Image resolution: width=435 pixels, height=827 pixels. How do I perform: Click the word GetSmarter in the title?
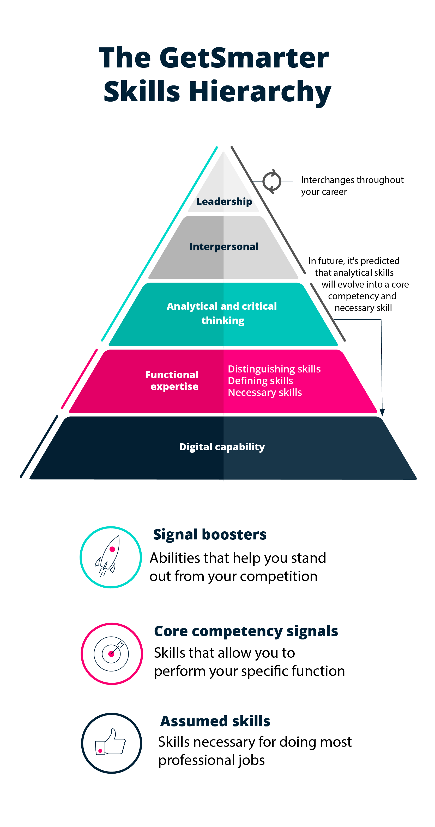244,58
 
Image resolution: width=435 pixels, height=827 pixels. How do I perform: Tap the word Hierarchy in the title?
260,92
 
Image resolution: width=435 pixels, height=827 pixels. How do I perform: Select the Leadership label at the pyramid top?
224,202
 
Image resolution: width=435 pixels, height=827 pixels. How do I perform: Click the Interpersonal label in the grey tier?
223,247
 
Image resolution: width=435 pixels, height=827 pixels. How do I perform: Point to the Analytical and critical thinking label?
222,313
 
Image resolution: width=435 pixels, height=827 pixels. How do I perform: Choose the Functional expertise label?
172,381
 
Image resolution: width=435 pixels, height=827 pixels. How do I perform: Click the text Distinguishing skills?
274,369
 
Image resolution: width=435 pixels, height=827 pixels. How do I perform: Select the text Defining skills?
261,381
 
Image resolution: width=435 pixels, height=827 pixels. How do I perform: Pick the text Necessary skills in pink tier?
265,392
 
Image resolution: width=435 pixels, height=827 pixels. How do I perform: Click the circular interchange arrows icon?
272,181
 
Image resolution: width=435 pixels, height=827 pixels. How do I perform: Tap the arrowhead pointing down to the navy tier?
382,412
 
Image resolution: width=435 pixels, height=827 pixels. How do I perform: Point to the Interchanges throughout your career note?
352,185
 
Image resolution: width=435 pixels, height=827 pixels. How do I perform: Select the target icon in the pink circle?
112,654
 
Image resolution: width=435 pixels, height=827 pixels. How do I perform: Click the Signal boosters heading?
210,534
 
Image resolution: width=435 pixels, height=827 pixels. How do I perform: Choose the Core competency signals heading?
246,631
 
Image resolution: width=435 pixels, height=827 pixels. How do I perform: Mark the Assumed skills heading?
215,721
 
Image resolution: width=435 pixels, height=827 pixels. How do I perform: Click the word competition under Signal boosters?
279,576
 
